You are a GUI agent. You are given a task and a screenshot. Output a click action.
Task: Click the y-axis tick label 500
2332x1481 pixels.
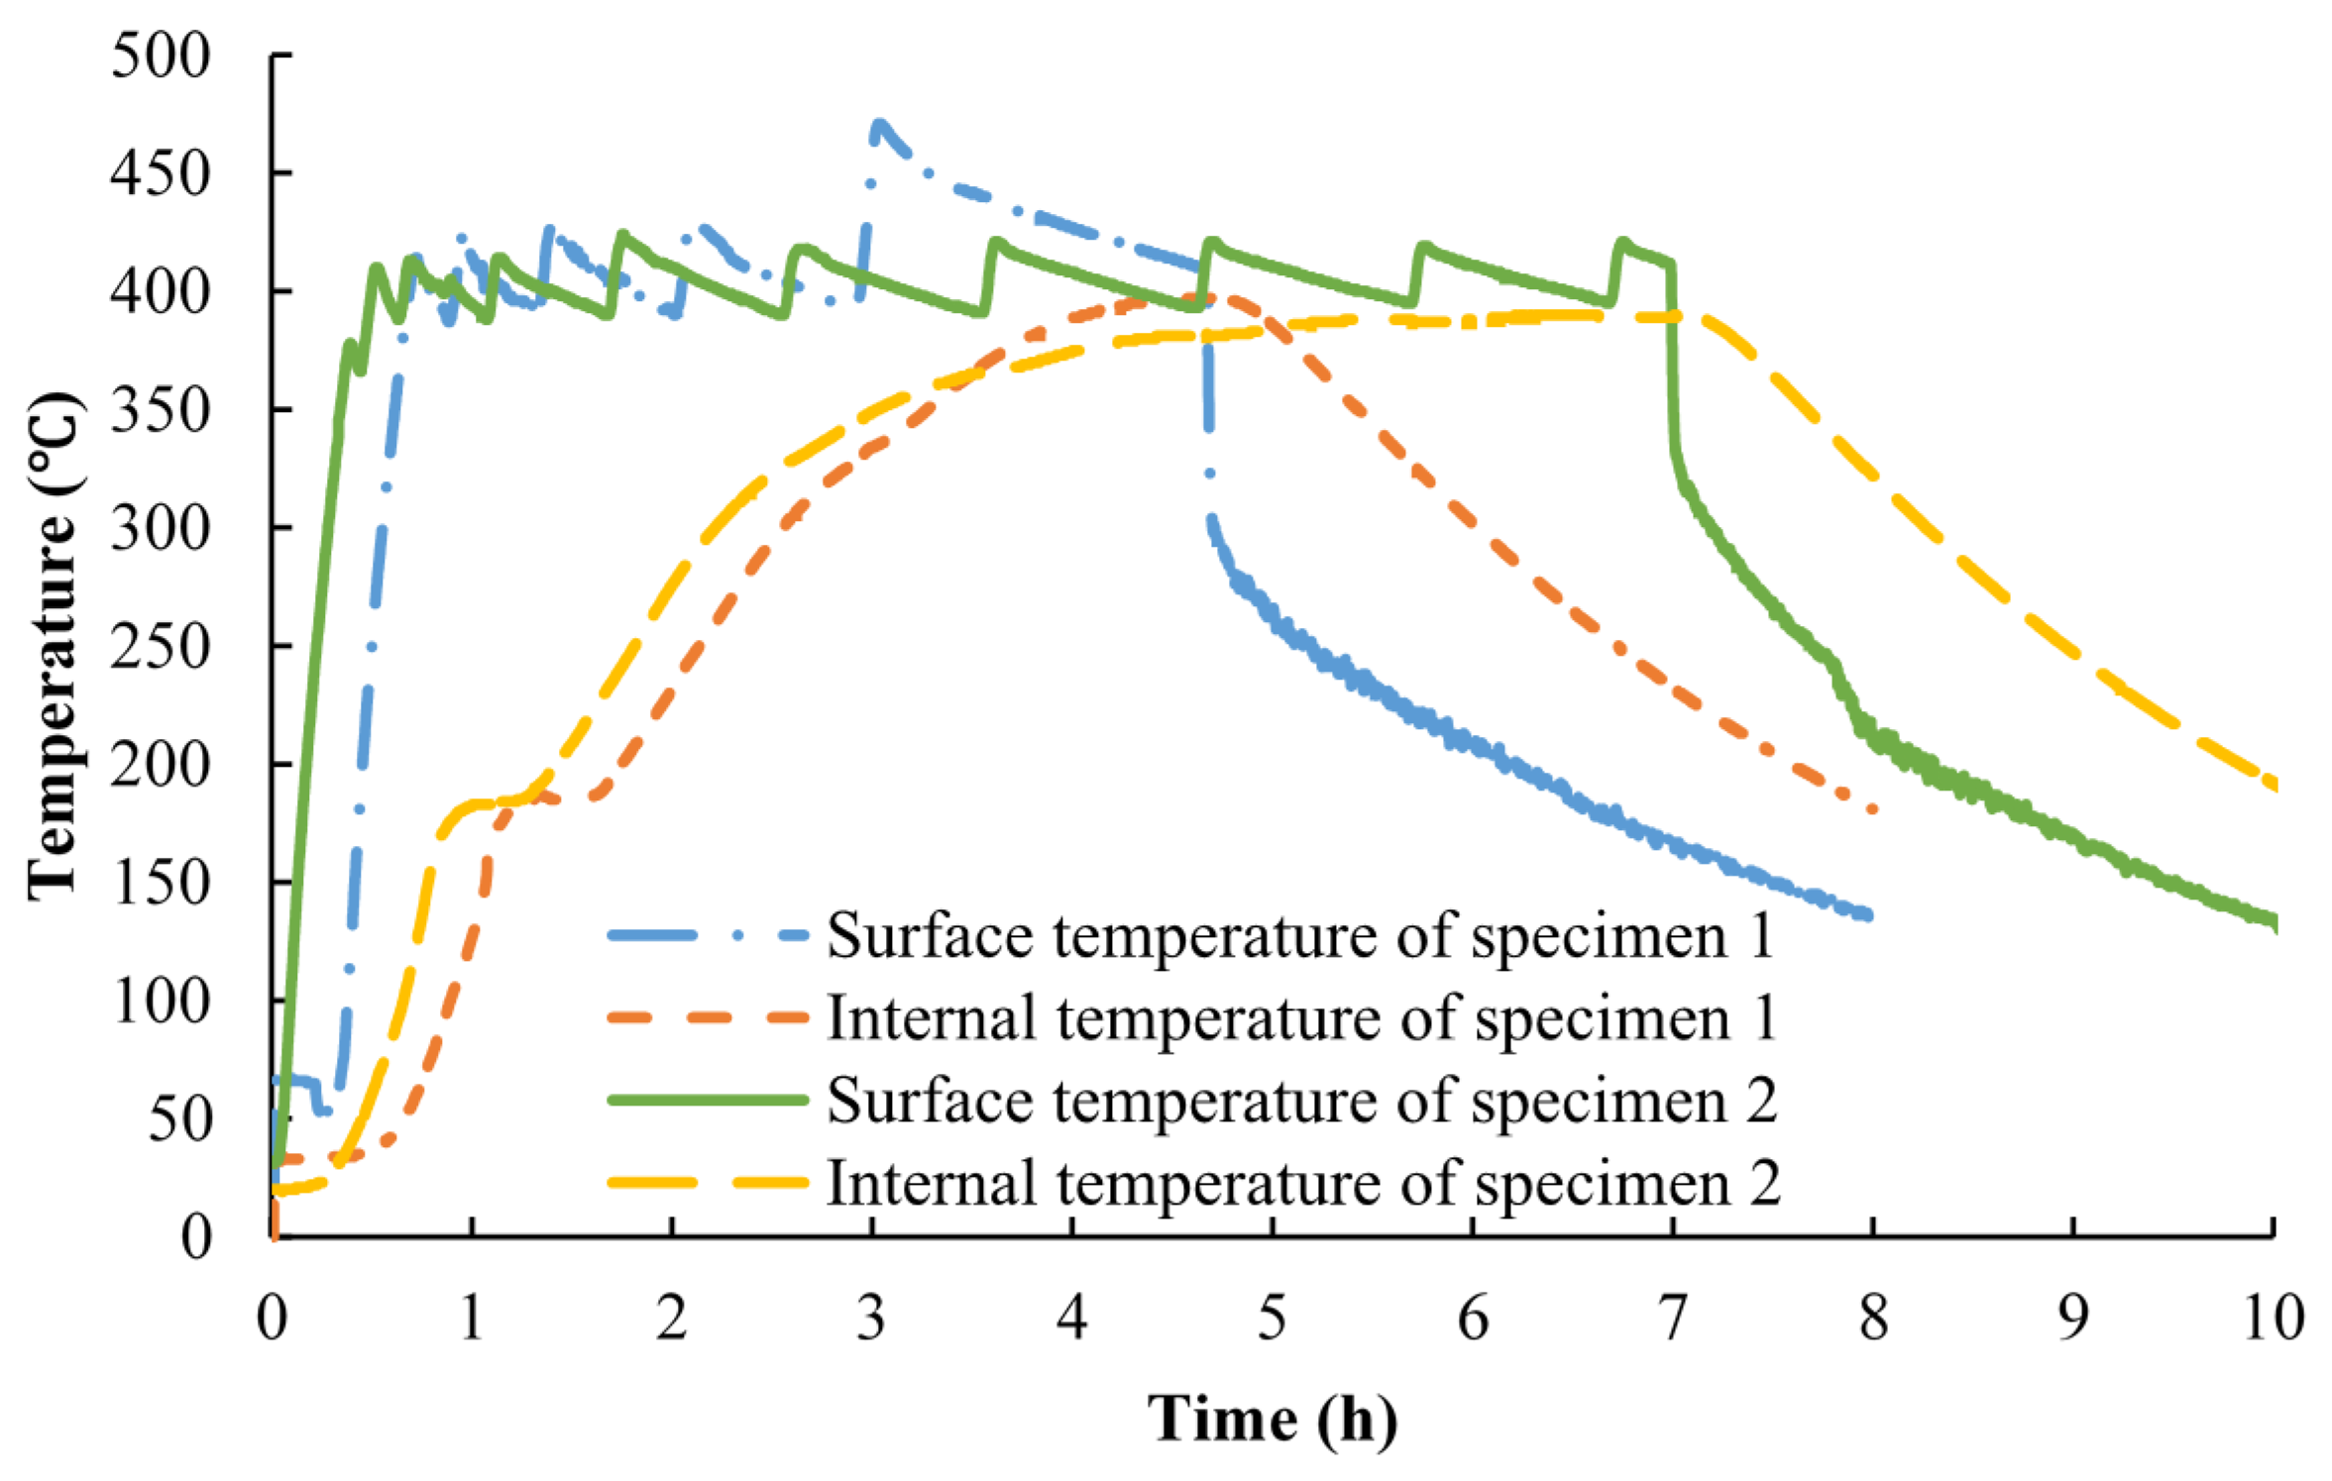coord(161,55)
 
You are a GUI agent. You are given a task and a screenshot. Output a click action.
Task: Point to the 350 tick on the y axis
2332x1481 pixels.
coord(161,409)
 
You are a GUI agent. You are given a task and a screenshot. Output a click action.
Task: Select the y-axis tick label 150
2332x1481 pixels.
coord(161,883)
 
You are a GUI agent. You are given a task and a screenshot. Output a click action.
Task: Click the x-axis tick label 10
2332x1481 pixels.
coord(2272,1319)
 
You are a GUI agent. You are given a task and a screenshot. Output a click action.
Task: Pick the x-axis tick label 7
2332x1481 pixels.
coord(1673,1319)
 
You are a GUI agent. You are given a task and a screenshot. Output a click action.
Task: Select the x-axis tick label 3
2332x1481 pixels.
coord(871,1319)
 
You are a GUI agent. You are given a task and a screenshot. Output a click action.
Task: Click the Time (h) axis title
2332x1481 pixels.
coord(1273,1419)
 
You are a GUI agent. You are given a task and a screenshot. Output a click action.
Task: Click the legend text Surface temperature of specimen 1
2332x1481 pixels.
coord(1299,934)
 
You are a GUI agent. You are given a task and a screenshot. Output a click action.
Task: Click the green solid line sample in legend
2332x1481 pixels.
coord(708,1100)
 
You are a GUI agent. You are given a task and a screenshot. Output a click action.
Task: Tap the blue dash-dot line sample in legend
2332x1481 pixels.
coord(708,934)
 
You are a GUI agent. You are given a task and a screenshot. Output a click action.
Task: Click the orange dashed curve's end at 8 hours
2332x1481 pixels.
coord(1871,809)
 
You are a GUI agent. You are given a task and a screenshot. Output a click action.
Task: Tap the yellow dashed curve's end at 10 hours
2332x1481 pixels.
coord(2272,786)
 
